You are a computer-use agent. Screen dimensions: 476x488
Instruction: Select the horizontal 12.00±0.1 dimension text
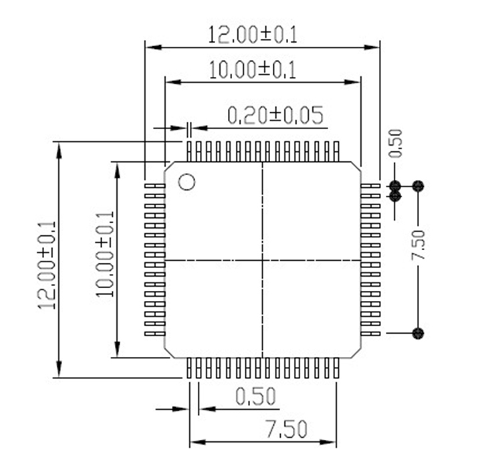click(x=253, y=34)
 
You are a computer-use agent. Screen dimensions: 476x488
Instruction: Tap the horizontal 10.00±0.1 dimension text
click(x=253, y=70)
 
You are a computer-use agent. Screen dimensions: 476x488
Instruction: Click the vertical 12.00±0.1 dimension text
click(x=46, y=265)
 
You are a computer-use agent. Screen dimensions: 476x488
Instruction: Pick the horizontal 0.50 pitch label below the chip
click(x=256, y=397)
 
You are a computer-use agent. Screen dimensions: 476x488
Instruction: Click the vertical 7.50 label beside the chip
click(x=418, y=246)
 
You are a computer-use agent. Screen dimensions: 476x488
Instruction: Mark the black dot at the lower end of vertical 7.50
click(x=418, y=332)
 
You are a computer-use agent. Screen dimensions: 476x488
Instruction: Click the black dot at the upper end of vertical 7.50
click(x=418, y=185)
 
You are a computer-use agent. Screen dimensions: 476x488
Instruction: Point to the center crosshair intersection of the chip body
click(x=263, y=259)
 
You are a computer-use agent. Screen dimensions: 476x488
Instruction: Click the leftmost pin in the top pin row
click(x=189, y=151)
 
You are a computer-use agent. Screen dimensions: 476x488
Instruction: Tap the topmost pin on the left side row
click(x=155, y=185)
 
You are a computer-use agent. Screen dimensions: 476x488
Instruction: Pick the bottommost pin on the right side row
click(x=370, y=332)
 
